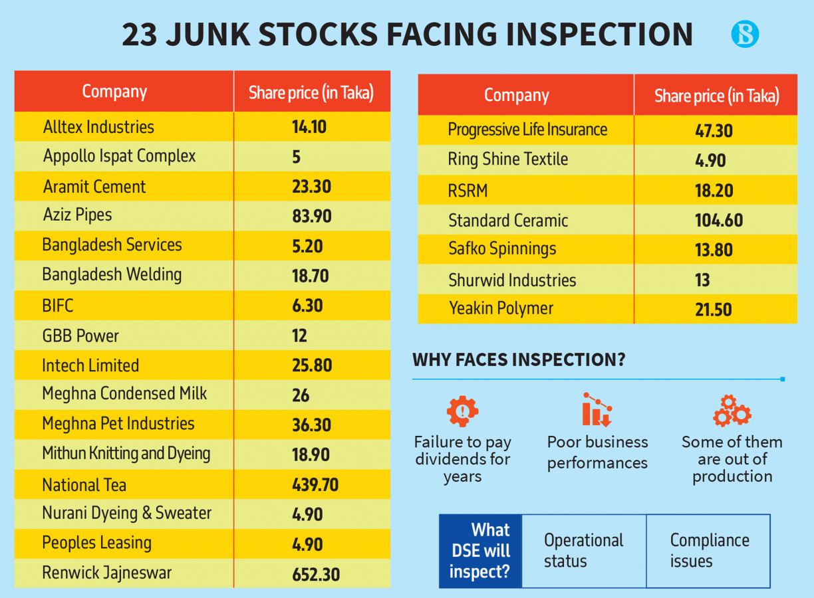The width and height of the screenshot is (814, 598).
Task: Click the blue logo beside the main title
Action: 745,34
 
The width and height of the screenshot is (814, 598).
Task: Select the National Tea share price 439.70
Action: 315,485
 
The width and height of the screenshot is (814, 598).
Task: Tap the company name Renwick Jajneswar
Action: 106,573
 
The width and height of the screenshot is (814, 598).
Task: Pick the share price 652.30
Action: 316,574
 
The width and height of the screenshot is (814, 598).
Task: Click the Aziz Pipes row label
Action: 77,215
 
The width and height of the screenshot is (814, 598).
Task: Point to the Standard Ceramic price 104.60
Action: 719,220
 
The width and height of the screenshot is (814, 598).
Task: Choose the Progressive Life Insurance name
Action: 527,130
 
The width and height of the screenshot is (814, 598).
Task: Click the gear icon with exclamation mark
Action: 462,411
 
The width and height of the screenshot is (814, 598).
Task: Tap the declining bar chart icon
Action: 597,409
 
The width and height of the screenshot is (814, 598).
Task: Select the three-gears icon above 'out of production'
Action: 732,411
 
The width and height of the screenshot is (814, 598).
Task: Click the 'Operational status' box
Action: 583,551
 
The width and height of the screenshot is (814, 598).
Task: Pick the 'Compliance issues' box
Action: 709,551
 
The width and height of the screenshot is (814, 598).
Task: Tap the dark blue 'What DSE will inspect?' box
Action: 480,551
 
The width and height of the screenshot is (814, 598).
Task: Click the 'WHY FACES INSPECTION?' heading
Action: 519,360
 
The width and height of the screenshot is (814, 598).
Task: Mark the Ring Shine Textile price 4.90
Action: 710,160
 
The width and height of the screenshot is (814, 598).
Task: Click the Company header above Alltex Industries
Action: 114,92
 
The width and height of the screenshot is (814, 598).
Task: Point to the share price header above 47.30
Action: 716,96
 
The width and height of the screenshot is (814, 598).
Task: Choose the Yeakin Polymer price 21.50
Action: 713,309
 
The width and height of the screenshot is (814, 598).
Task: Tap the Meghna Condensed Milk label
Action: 124,394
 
